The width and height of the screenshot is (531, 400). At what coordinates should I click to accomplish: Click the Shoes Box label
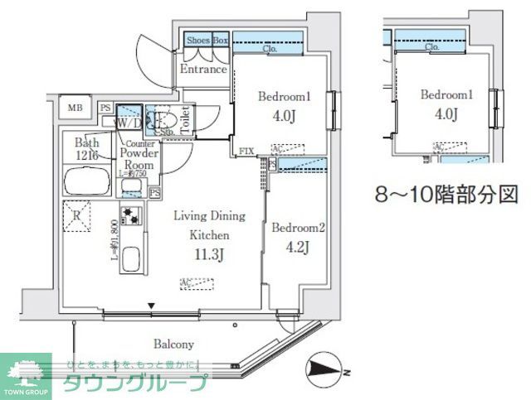point(207,40)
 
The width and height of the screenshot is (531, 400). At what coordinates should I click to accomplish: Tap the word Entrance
point(203,70)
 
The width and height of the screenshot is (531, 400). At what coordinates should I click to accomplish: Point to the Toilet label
point(185,118)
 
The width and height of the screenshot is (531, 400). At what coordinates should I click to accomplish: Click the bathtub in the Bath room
point(87,179)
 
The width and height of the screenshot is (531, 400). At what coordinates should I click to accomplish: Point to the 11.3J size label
point(207,255)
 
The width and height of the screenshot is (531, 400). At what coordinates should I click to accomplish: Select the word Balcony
point(173,344)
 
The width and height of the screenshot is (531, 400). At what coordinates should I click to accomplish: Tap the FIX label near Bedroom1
point(246,151)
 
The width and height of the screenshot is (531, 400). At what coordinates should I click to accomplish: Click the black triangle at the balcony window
point(151,307)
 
